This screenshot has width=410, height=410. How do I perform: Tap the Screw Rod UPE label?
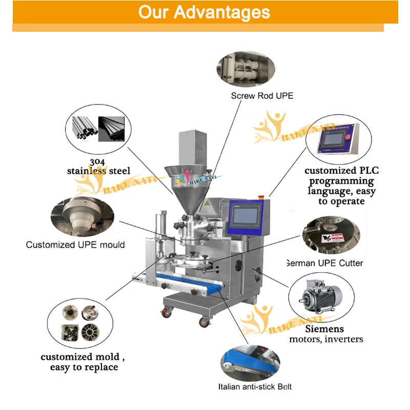(262, 96)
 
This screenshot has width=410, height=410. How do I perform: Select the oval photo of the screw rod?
(245, 70)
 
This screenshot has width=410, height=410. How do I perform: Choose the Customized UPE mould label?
(75, 244)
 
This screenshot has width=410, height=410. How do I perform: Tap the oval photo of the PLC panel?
(336, 139)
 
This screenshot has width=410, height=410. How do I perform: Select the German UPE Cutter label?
(325, 263)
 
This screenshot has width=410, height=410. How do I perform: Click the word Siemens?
(324, 329)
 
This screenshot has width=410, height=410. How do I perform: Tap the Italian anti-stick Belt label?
(255, 387)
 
